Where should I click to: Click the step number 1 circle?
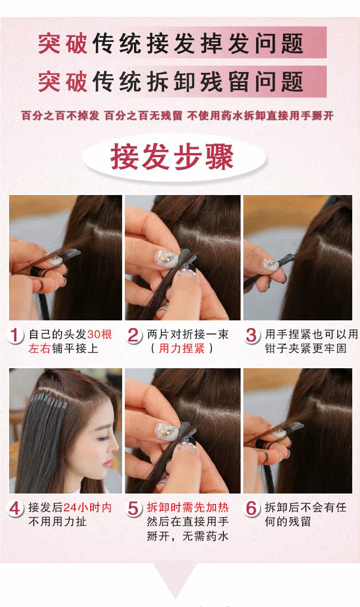pyautogui.click(x=16, y=335)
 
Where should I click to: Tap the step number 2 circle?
pyautogui.click(x=133, y=335)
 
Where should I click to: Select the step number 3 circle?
pyautogui.click(x=251, y=335)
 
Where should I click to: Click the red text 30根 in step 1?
pyautogui.click(x=99, y=334)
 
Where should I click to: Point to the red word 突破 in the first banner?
pyautogui.click(x=62, y=43)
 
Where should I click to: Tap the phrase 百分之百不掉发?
pyautogui.click(x=60, y=116)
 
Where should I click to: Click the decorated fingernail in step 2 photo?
pyautogui.click(x=164, y=259)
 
